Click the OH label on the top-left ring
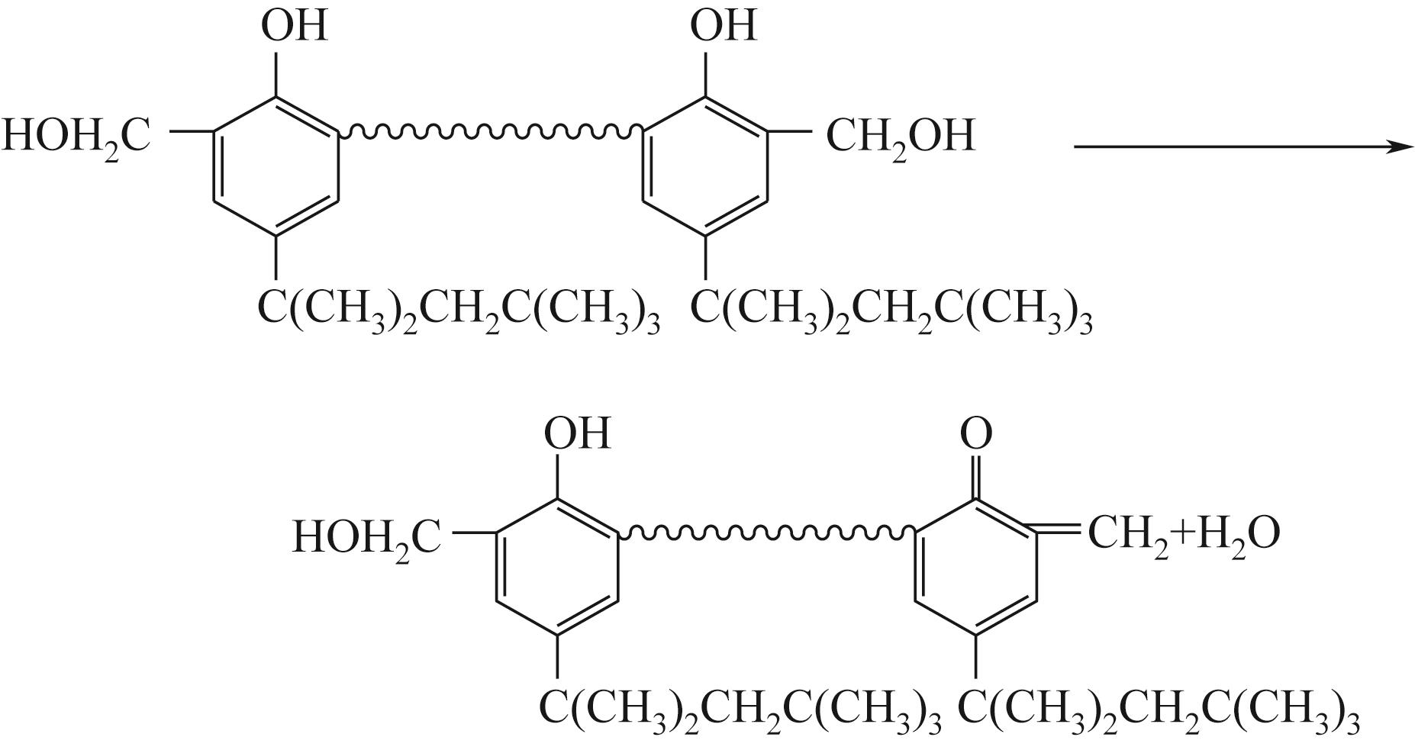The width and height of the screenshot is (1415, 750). pos(295,25)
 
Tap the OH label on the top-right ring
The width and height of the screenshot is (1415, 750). pos(723,25)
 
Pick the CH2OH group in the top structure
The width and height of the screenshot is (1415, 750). pos(901,137)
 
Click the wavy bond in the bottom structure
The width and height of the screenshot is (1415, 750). pos(767,531)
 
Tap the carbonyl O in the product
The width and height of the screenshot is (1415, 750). pos(976,433)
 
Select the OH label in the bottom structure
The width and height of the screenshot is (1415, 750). pos(578,433)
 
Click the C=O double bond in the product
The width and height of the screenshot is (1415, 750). pos(976,477)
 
